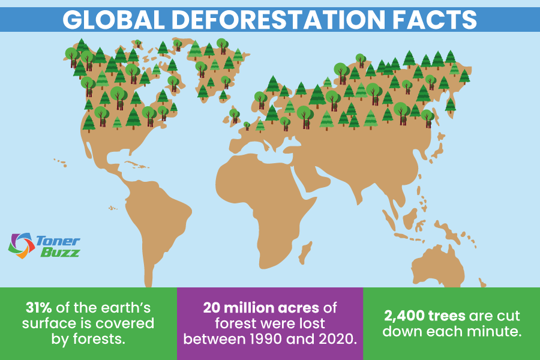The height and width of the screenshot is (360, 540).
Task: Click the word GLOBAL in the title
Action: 113,20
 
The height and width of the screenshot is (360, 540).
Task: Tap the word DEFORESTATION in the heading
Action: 278,20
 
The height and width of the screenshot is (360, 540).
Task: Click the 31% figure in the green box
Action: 38,308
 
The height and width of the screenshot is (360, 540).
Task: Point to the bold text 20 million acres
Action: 261,308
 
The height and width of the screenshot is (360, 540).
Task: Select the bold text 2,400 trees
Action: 425,316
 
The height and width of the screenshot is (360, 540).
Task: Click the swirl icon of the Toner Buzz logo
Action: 22,245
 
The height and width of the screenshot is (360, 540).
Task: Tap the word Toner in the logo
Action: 58,241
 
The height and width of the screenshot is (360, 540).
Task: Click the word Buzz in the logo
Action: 60,253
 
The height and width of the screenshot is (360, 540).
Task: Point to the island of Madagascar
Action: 305,252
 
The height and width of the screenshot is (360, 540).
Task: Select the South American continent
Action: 155,224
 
